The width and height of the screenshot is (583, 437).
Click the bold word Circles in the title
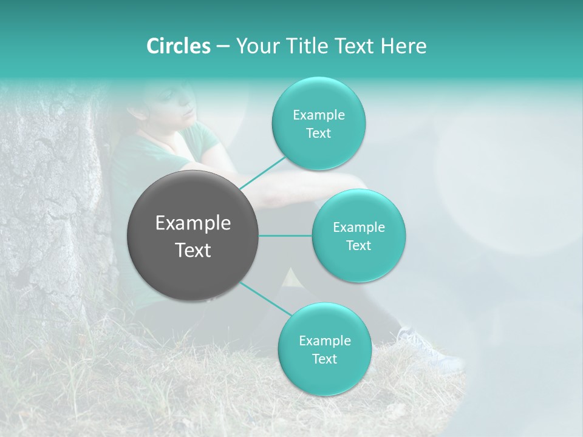(178, 46)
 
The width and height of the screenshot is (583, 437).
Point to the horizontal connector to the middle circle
(285, 235)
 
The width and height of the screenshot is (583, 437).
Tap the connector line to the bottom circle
(265, 298)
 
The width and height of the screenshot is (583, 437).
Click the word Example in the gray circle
(193, 223)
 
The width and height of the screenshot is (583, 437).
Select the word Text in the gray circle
(193, 250)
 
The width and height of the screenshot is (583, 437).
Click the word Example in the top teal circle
(318, 115)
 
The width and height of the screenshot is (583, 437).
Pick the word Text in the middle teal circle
(358, 245)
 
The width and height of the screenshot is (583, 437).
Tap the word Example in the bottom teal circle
(324, 340)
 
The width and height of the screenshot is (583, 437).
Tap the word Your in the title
(254, 46)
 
